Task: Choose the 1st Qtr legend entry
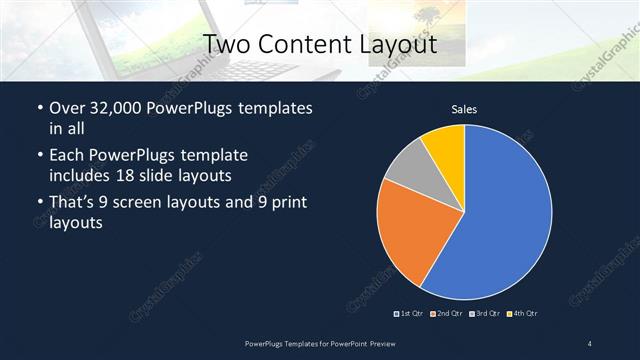coord(411,314)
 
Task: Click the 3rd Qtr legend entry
coord(486,314)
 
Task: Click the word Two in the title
coord(227,45)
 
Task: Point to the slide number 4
coord(590,344)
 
